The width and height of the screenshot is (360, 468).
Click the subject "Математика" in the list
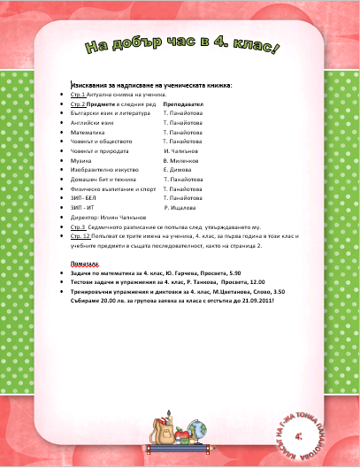pos(98,132)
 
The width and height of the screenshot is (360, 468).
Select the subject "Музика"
pos(88,161)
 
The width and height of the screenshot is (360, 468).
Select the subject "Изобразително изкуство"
pos(111,170)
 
